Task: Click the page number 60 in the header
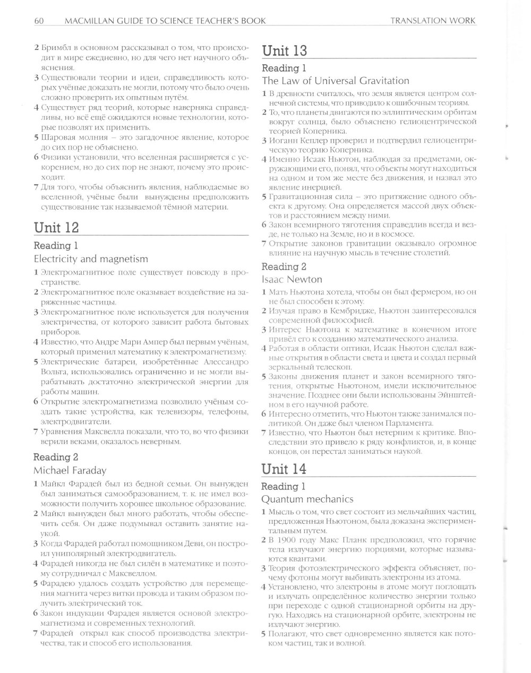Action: pos(38,21)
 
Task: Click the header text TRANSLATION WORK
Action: pos(433,21)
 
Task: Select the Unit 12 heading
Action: pos(56,228)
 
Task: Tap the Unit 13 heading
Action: pos(285,51)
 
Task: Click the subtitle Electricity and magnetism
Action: pos(91,259)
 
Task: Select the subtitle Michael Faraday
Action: pos(70,470)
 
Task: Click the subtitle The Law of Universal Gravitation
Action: pos(336,81)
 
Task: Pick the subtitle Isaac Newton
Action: pos(292,279)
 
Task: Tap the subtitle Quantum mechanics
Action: pos(307,499)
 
